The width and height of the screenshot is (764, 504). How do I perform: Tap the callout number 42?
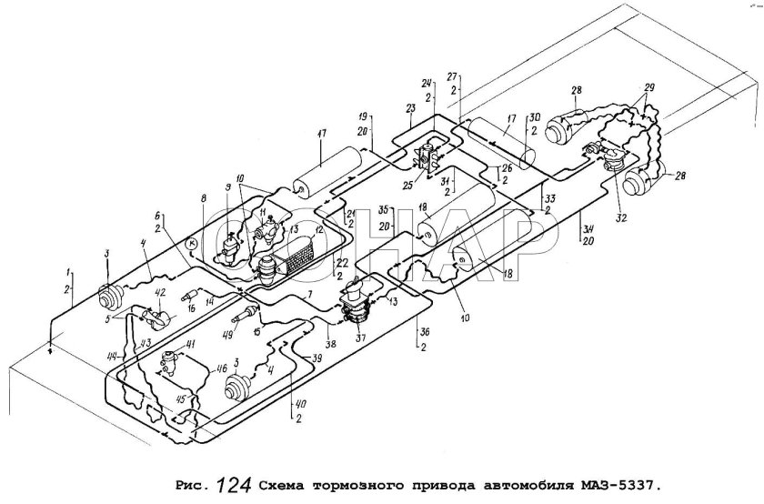tap(160, 292)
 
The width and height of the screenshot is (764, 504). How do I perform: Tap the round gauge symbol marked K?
tap(191, 244)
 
